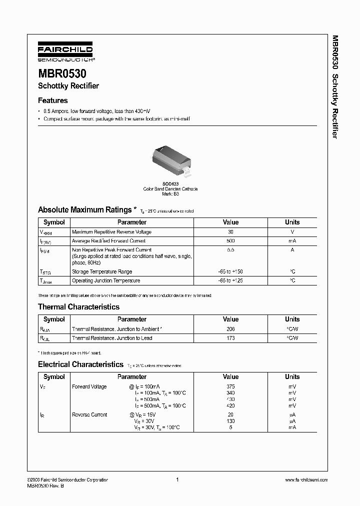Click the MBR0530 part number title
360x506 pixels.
click(x=62, y=73)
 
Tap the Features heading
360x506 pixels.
click(x=52, y=100)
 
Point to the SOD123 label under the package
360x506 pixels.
click(x=170, y=183)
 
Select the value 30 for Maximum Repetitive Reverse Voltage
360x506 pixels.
click(x=230, y=232)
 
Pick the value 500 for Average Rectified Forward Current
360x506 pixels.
click(x=230, y=241)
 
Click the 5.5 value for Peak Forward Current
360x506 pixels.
click(x=230, y=250)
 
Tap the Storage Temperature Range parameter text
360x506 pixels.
click(x=102, y=272)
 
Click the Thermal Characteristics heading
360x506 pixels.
click(x=78, y=307)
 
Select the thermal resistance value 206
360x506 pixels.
click(x=230, y=329)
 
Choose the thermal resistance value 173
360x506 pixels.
click(x=230, y=338)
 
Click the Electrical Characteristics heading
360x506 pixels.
click(x=80, y=365)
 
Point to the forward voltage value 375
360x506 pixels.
click(x=230, y=386)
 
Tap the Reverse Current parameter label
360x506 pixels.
click(x=89, y=415)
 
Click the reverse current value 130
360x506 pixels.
click(x=230, y=421)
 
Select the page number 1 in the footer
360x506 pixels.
click(x=177, y=480)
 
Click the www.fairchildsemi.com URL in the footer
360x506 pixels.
click(x=306, y=480)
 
